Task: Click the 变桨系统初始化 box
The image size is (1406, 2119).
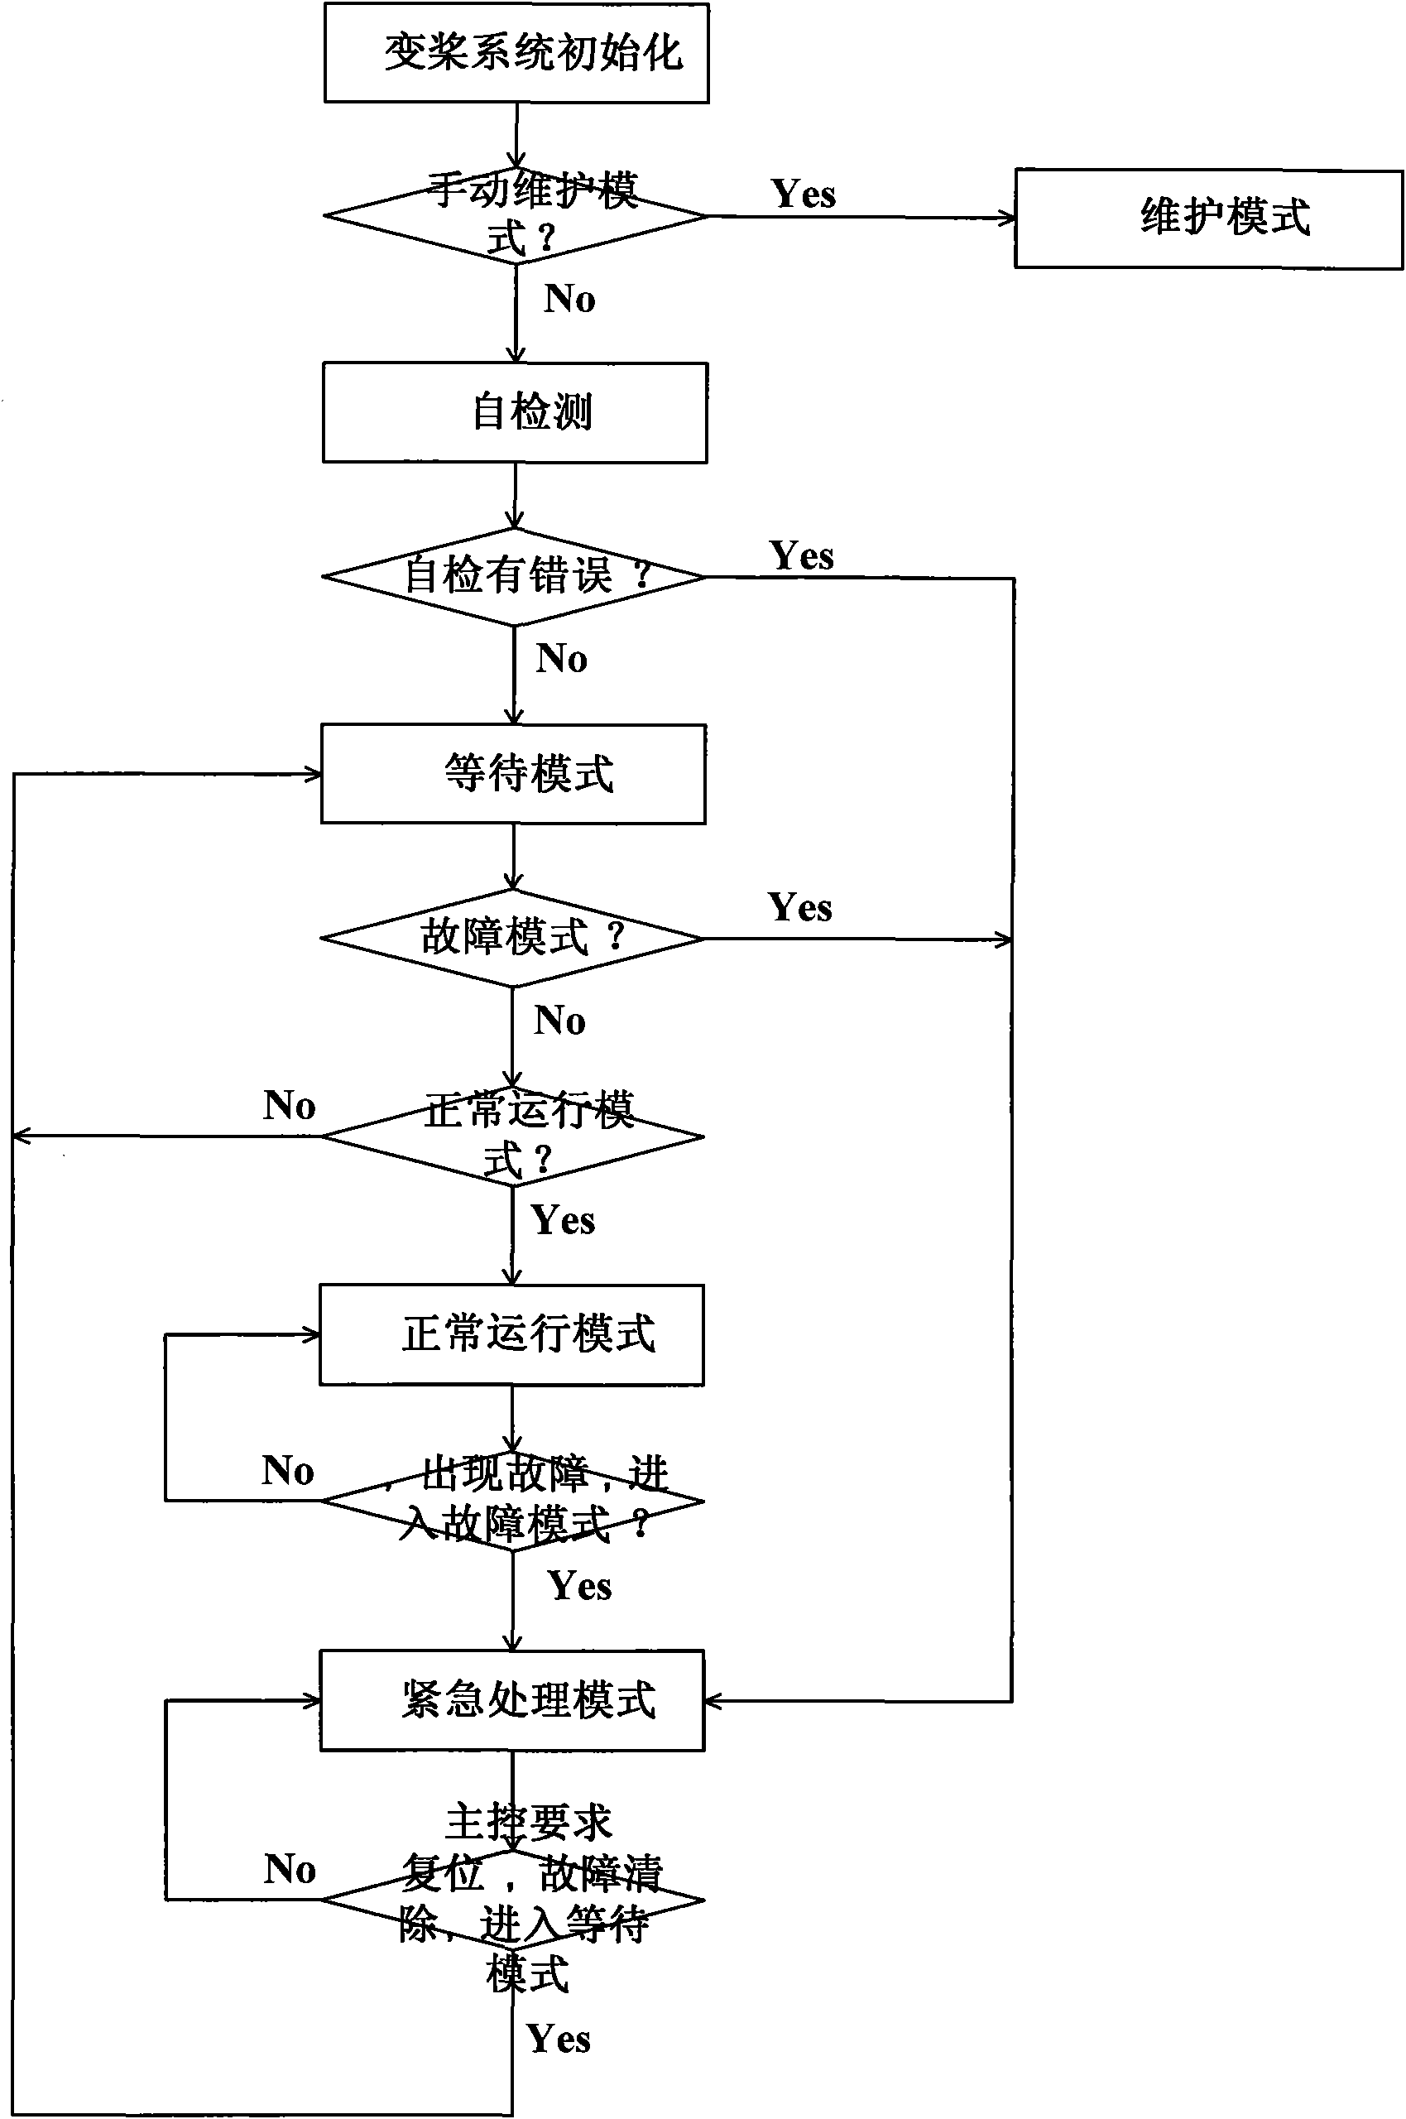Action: (x=516, y=53)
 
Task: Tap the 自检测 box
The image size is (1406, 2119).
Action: (x=515, y=412)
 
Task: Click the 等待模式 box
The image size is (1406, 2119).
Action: (x=513, y=774)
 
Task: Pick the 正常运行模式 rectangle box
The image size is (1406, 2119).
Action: (x=511, y=1334)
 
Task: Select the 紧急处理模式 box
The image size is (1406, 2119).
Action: (x=512, y=1699)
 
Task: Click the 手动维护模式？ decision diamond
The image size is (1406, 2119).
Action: (x=516, y=216)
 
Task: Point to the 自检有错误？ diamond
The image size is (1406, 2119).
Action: (x=514, y=577)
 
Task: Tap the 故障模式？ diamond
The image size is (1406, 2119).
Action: (x=512, y=938)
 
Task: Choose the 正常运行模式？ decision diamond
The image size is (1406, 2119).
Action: (x=512, y=1136)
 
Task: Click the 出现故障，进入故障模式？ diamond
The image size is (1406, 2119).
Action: (x=512, y=1500)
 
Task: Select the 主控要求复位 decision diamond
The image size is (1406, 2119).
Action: (x=512, y=1900)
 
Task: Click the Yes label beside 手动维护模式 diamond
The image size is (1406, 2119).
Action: (x=803, y=194)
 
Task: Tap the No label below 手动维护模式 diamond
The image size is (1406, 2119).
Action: (x=569, y=299)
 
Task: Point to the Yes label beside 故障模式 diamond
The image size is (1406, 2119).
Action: (x=799, y=907)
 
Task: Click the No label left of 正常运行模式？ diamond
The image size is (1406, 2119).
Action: (x=289, y=1106)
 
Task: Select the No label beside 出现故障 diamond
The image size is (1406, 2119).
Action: (x=287, y=1471)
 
